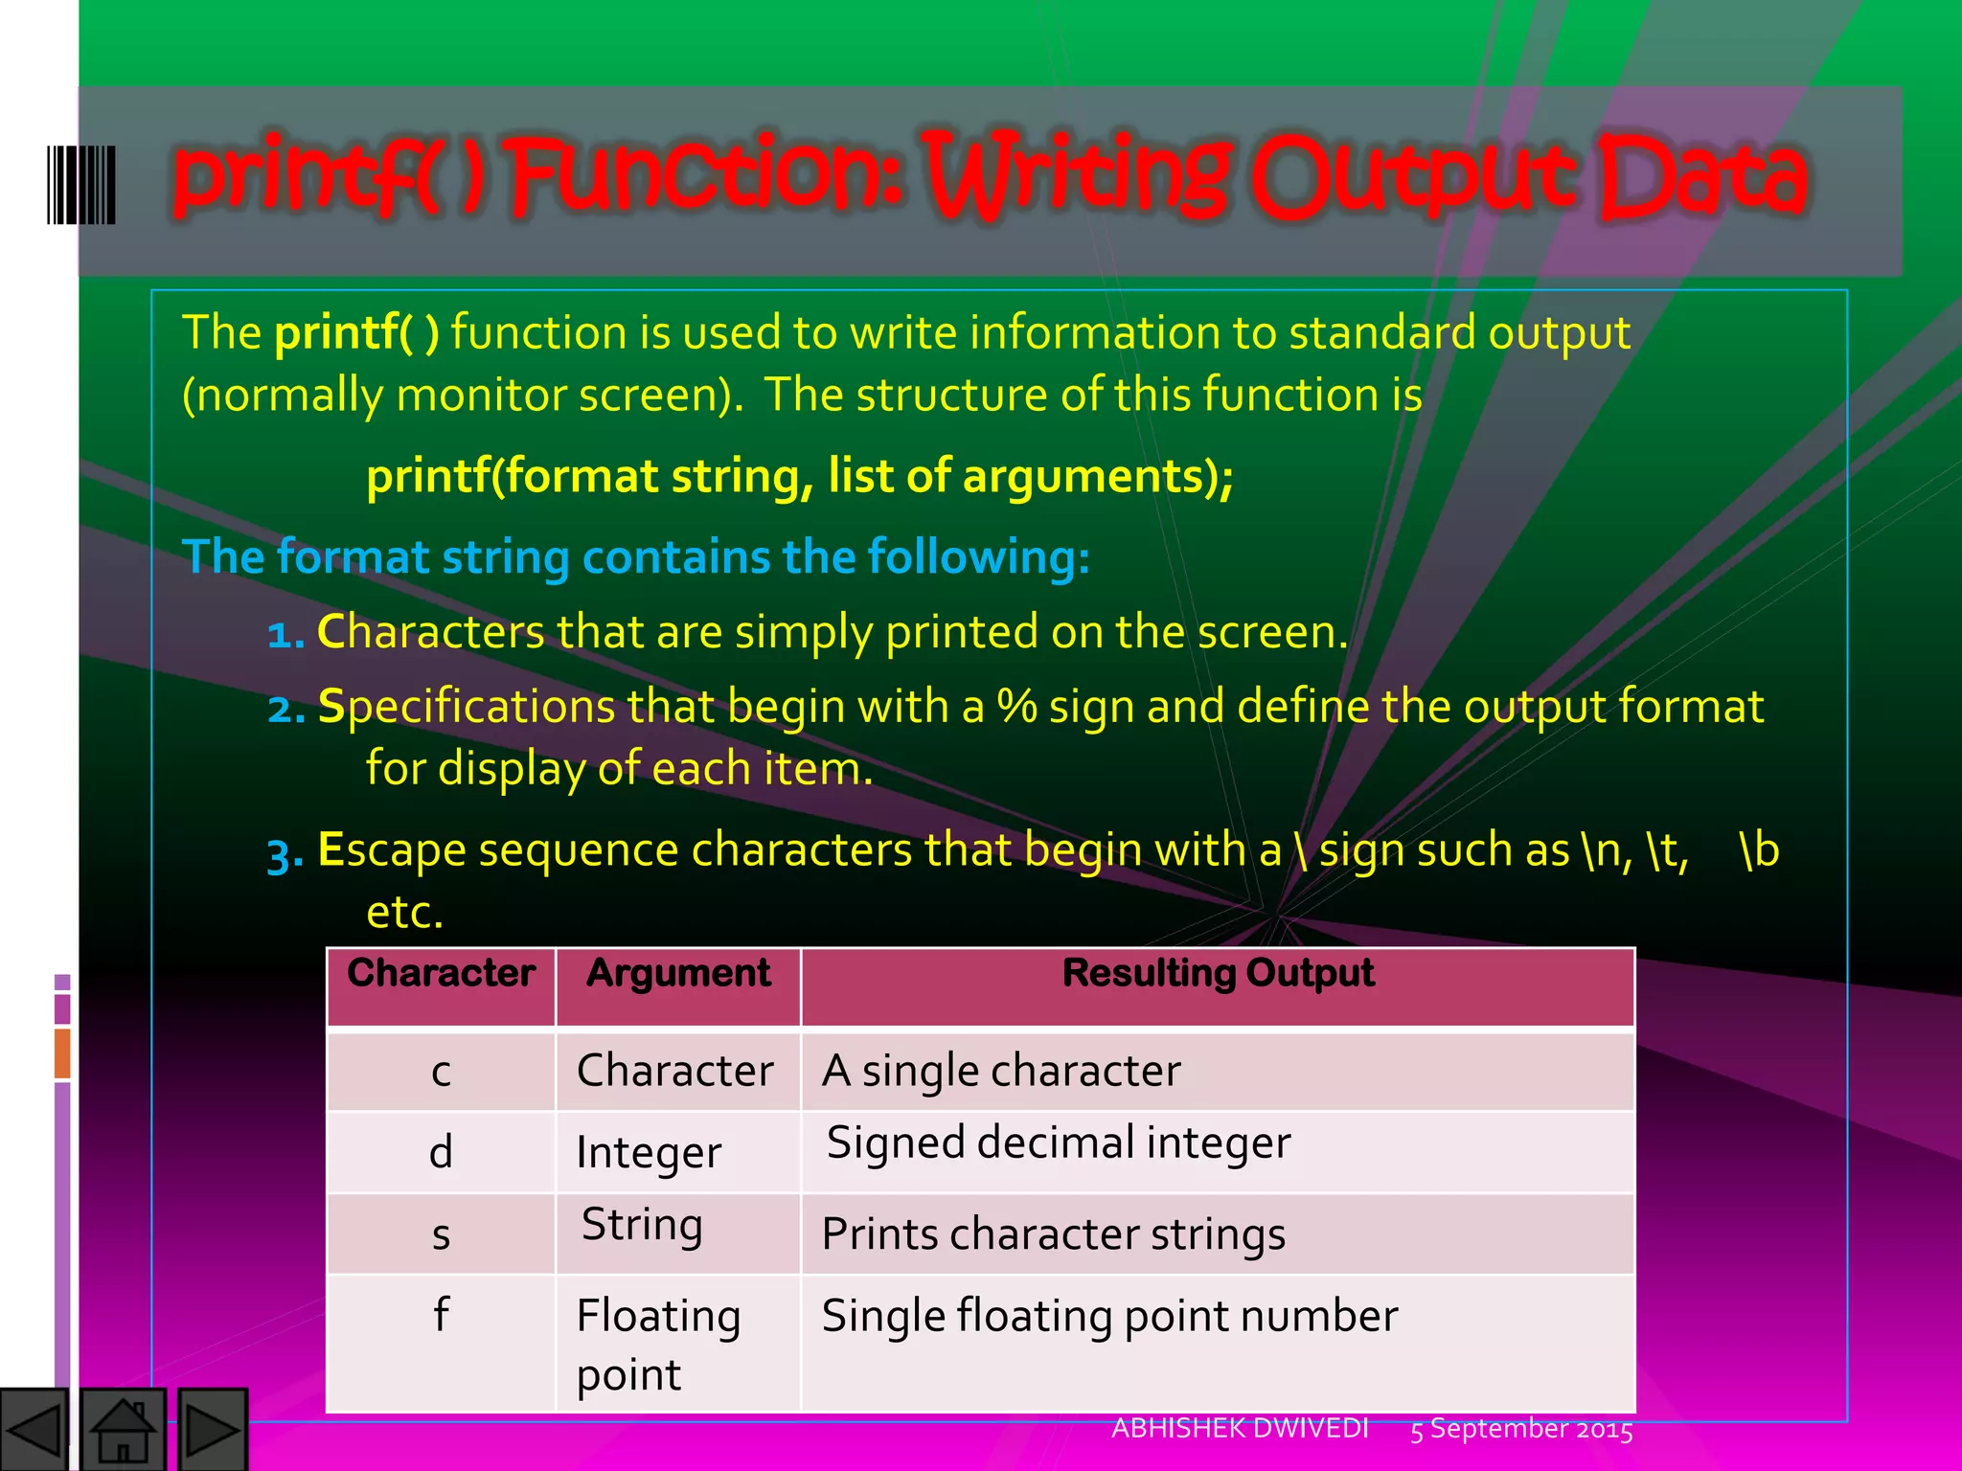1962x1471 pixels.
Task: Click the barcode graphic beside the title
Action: tap(81, 185)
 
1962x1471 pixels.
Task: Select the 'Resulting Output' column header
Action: tap(1218, 973)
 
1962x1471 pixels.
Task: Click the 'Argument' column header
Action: tap(678, 973)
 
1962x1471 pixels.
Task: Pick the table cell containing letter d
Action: tap(441, 1151)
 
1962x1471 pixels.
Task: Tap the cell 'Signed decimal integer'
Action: tap(1059, 1143)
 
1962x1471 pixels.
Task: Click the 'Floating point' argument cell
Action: tap(658, 1344)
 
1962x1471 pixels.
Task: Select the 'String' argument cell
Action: tap(642, 1225)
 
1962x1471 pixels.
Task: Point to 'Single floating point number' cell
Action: tap(1109, 1316)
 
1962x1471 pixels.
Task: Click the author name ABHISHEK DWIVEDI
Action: tap(1240, 1428)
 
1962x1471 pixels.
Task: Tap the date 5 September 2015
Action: tap(1521, 1429)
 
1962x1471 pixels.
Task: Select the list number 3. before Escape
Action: tap(285, 852)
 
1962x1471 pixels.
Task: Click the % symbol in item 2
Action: tap(1016, 707)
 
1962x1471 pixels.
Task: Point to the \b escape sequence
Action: tap(1758, 849)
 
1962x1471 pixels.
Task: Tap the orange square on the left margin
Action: tap(62, 1052)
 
